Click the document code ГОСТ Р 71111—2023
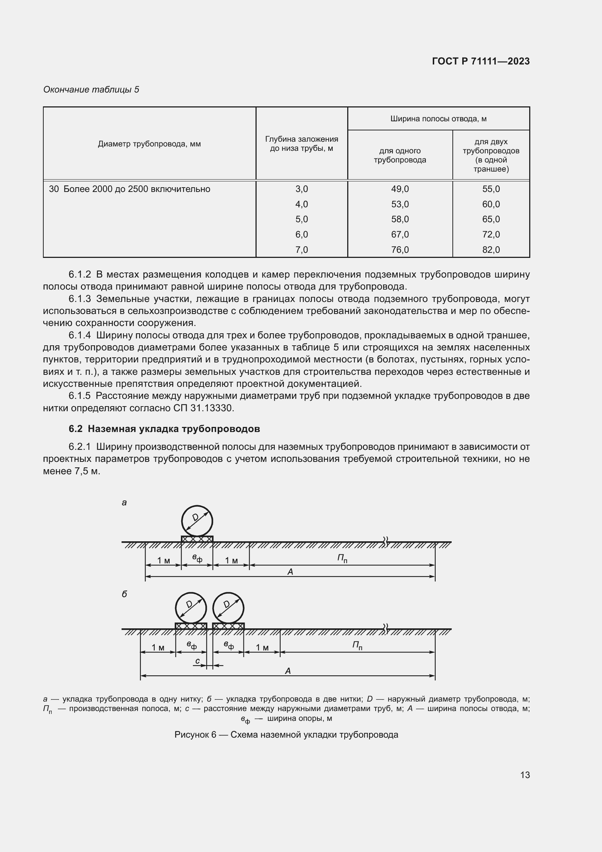(x=481, y=61)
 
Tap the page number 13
(x=525, y=775)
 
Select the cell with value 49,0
(x=400, y=189)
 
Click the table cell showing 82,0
(x=491, y=250)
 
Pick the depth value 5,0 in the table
(x=301, y=219)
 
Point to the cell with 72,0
(x=491, y=235)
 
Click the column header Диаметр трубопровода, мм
(x=149, y=144)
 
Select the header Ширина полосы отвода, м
(x=438, y=119)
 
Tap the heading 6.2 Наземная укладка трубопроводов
(x=164, y=429)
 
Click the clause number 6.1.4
(x=80, y=335)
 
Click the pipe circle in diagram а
(x=197, y=521)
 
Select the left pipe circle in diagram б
(x=191, y=608)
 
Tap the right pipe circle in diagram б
(x=228, y=608)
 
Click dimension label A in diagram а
(x=290, y=572)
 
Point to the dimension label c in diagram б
(x=198, y=661)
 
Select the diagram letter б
(x=124, y=594)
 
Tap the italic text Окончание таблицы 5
(x=91, y=90)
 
